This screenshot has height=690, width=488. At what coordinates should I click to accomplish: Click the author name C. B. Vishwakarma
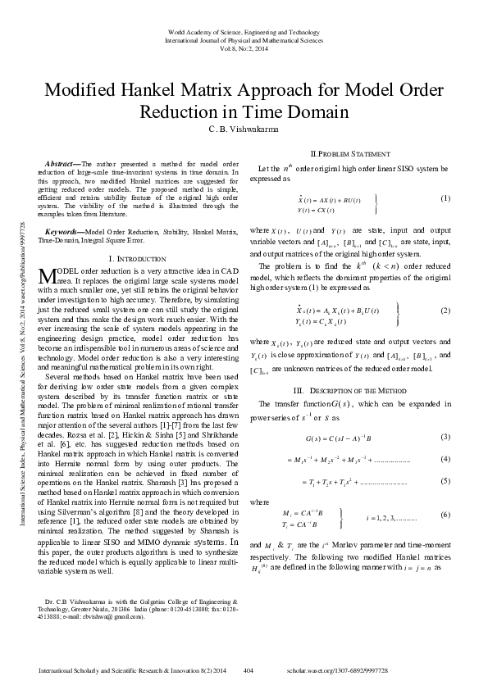[244, 129]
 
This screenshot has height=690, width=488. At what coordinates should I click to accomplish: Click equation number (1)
[445, 198]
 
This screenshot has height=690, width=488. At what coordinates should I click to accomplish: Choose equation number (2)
[445, 311]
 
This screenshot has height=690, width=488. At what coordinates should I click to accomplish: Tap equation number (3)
[445, 435]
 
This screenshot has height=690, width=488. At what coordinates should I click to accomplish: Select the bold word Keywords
[64, 233]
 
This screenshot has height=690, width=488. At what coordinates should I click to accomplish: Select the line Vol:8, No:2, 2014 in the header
[244, 47]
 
